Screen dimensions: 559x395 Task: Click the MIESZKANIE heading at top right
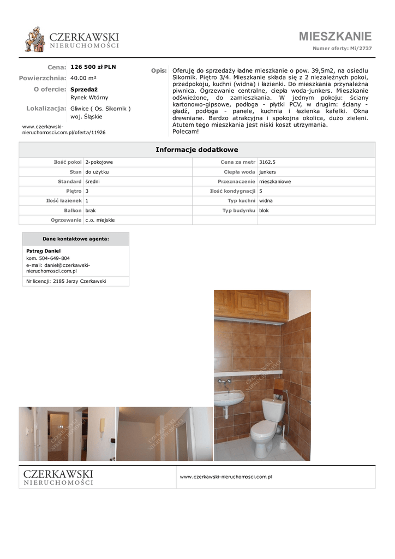335,37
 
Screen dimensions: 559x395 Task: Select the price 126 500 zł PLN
93,67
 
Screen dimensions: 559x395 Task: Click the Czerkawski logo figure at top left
35,40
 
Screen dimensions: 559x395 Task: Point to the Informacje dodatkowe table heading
197,150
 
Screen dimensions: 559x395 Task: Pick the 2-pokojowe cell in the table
99,162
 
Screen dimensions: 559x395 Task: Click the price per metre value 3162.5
267,162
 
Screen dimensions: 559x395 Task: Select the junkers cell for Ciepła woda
268,172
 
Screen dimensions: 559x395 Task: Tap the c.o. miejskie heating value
100,220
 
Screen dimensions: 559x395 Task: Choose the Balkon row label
72,210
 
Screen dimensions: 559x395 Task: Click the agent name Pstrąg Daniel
44,251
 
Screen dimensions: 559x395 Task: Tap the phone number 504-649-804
55,258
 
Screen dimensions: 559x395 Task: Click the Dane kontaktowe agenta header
76,239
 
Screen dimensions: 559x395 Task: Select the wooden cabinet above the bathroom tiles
251,305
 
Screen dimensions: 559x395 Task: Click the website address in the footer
226,477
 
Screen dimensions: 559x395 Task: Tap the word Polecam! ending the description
185,132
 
